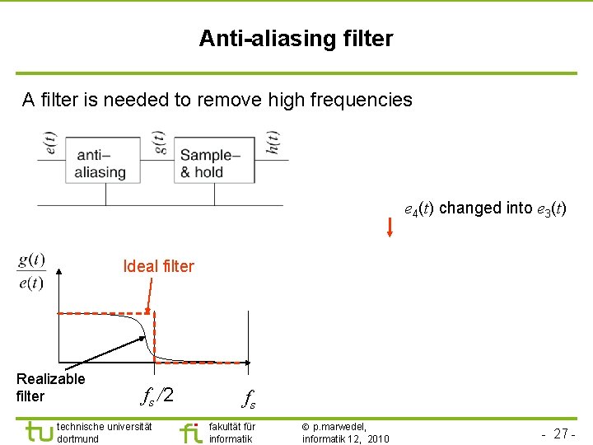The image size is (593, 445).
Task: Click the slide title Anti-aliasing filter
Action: (x=296, y=39)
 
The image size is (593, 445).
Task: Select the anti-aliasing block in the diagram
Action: (x=100, y=163)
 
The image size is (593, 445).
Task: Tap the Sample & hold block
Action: (x=210, y=163)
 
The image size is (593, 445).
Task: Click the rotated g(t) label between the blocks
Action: (x=160, y=143)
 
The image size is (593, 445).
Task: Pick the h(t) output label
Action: (x=273, y=143)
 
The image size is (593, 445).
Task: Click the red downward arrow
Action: (x=390, y=226)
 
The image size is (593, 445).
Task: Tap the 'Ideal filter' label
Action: (x=158, y=266)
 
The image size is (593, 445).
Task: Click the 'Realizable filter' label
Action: (x=50, y=387)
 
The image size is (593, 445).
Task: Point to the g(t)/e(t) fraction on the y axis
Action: (x=31, y=271)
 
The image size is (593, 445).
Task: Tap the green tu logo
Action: (x=38, y=431)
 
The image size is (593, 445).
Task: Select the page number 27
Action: (x=563, y=433)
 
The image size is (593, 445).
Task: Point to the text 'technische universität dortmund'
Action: (x=104, y=432)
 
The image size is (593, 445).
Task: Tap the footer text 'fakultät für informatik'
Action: (x=232, y=432)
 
